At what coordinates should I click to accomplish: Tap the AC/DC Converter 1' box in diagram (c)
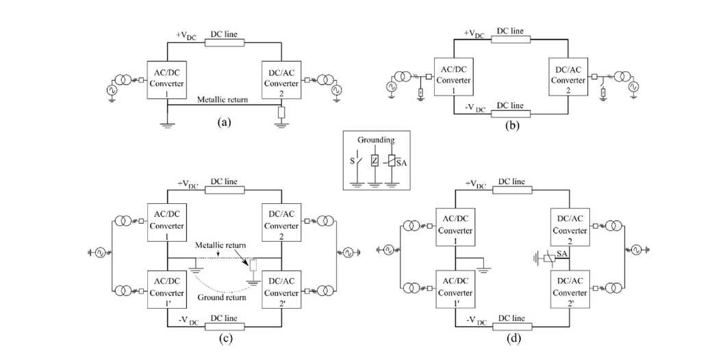click(x=168, y=290)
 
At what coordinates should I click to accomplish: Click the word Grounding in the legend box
click(x=374, y=140)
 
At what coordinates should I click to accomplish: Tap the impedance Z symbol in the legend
click(x=374, y=162)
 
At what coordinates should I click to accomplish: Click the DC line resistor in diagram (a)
click(x=224, y=42)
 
